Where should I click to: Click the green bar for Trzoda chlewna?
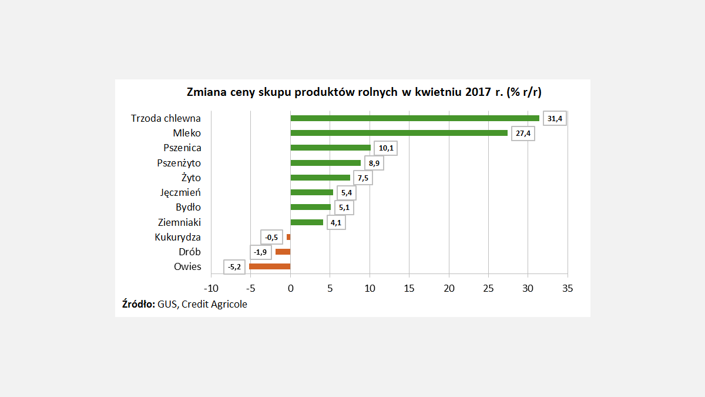coord(415,118)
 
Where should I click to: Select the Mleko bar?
coord(399,133)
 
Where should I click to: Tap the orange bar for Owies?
coord(270,266)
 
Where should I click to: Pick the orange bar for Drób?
coord(283,252)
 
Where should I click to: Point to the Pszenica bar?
coord(331,148)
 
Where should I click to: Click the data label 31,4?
coord(555,119)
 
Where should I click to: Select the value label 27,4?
coord(523,134)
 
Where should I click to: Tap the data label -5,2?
coord(234,267)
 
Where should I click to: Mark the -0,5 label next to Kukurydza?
coord(271,238)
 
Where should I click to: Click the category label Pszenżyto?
coord(179,163)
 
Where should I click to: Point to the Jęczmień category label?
coord(181,192)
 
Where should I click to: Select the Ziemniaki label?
coord(180,222)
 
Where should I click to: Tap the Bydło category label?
coord(188,207)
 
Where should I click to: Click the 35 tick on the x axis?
coord(568,289)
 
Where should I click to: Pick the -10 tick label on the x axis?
coord(210,289)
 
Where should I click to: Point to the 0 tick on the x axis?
coord(290,289)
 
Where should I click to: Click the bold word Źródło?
coord(139,304)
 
